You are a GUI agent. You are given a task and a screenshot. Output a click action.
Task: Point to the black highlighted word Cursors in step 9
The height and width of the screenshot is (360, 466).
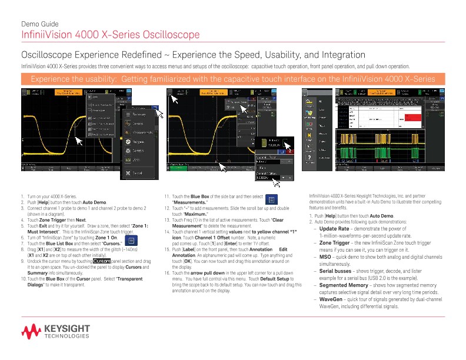point(102,261)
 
